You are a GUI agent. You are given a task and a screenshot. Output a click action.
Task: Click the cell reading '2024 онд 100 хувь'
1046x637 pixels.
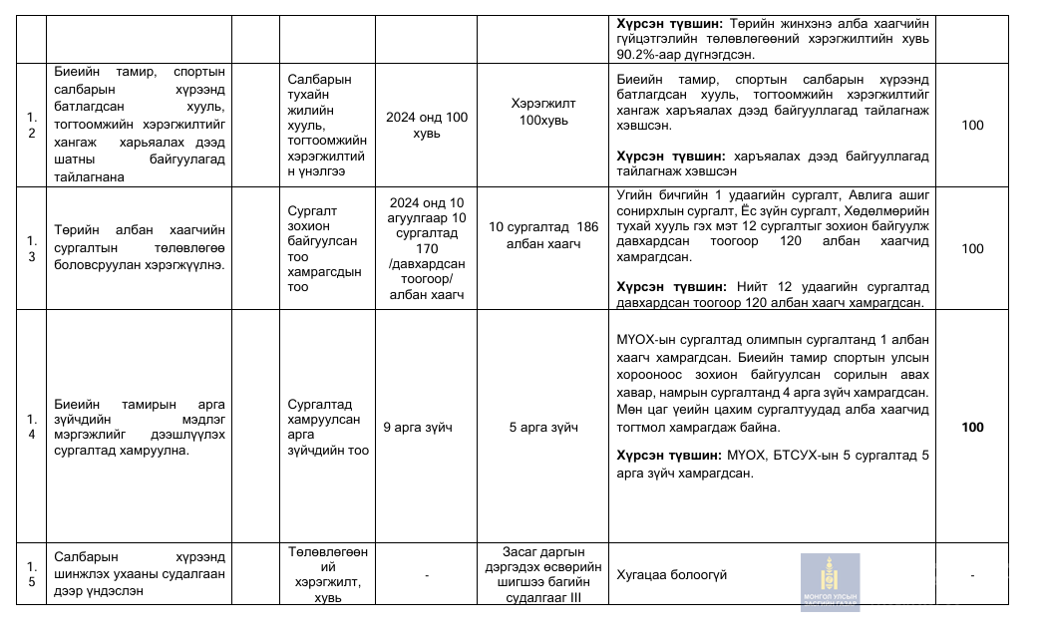pyautogui.click(x=427, y=125)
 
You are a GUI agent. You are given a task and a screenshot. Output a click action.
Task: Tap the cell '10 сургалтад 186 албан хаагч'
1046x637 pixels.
pyautogui.click(x=543, y=234)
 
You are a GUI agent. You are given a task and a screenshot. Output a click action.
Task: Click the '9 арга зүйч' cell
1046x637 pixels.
pyautogui.click(x=418, y=428)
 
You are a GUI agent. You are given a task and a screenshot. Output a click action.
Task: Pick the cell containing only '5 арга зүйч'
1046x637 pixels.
pyautogui.click(x=543, y=428)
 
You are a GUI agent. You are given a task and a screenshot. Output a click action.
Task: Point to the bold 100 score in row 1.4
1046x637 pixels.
pyautogui.click(x=972, y=428)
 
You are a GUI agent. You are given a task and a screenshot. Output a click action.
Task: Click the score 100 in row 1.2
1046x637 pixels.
pyautogui.click(x=972, y=126)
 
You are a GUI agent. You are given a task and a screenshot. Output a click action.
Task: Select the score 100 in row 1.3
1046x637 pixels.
pyautogui.click(x=972, y=249)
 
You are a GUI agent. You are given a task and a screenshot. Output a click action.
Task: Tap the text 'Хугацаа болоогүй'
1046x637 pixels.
pyautogui.click(x=672, y=575)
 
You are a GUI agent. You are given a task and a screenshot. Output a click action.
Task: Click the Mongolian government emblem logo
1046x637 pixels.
pyautogui.click(x=829, y=581)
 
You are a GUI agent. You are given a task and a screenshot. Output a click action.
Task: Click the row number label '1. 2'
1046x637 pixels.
pyautogui.click(x=32, y=125)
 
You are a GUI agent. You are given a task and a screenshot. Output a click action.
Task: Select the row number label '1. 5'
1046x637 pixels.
pyautogui.click(x=32, y=574)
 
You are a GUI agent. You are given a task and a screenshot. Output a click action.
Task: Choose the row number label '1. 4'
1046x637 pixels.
pyautogui.click(x=32, y=428)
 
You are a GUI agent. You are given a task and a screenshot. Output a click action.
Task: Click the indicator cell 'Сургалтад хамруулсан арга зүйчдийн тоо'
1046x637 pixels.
pyautogui.click(x=327, y=428)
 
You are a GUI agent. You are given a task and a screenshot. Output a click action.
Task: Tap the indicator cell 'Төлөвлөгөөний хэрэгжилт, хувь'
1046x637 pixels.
pyautogui.click(x=327, y=574)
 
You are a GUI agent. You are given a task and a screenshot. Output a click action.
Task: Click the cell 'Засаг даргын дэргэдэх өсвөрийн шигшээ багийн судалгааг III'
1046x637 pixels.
pyautogui.click(x=543, y=574)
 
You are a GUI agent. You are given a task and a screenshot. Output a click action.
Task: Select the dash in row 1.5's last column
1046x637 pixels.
pyautogui.click(x=972, y=575)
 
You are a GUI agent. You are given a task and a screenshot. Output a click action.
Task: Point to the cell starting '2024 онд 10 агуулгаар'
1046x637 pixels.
pyautogui.click(x=427, y=248)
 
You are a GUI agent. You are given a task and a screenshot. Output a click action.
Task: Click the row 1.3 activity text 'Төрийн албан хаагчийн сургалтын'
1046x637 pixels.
pyautogui.click(x=141, y=248)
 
